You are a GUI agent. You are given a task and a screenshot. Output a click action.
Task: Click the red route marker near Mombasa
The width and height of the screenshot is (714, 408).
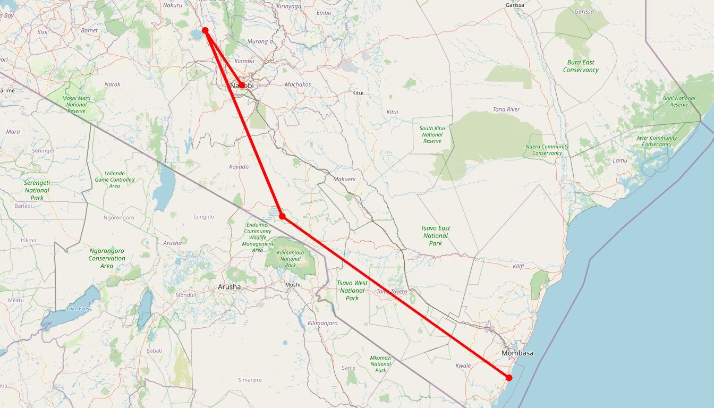509,378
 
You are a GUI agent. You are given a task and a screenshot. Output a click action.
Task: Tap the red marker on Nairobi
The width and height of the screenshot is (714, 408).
242,85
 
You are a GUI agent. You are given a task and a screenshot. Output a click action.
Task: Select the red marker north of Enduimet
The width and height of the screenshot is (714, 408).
282,216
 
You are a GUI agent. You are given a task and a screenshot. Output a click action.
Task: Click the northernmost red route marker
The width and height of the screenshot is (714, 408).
205,31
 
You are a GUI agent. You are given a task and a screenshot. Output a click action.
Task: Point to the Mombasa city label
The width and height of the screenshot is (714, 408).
517,353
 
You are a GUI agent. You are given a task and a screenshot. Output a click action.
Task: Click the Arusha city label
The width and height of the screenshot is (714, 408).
229,287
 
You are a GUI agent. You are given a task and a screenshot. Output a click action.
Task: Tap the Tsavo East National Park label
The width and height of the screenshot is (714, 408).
436,235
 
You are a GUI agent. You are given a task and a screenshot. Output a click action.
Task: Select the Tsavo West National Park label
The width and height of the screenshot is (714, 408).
352,291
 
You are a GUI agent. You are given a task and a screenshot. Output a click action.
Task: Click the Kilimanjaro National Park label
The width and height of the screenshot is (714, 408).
290,259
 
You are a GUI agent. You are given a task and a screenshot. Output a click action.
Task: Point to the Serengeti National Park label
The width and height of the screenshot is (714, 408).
37,190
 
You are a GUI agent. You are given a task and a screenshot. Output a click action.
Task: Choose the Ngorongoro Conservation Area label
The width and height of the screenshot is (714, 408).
107,258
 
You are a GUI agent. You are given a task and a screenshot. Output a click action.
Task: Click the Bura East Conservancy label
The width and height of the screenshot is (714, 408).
581,66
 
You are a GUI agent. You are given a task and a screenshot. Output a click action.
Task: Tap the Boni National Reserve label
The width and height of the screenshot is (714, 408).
679,101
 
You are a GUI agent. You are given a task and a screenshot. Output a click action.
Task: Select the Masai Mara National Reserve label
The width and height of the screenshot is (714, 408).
76,104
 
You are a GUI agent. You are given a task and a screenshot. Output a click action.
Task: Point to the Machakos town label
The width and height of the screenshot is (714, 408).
297,84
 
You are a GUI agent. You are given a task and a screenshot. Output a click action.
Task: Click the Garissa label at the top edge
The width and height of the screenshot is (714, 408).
515,5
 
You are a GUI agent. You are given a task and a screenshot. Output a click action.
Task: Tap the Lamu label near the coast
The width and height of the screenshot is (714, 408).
620,160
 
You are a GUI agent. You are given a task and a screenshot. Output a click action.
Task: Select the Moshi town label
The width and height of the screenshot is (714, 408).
293,285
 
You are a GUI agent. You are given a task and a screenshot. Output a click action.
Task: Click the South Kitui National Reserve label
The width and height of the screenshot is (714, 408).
432,134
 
